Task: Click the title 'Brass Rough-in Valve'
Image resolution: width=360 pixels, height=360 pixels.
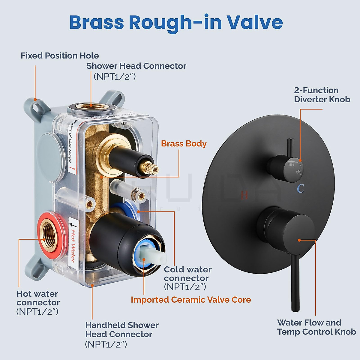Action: tap(176, 22)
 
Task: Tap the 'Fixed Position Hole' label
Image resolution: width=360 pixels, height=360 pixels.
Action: tap(60, 56)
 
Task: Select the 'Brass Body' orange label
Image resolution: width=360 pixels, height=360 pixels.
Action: tap(184, 144)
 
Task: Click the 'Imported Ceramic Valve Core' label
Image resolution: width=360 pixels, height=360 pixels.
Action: tap(191, 300)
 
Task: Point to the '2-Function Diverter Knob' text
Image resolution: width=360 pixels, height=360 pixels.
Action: tap(322, 95)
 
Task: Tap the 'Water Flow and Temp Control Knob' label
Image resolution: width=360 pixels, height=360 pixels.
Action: tap(316, 327)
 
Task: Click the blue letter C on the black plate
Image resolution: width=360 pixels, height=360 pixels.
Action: tap(300, 188)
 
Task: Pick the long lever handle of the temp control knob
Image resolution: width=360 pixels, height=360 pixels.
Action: tap(295, 282)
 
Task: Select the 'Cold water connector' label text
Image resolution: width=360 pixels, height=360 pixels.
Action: tap(187, 274)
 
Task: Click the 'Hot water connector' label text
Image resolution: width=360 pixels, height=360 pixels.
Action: tap(38, 298)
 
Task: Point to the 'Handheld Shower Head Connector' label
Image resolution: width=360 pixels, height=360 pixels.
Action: tap(121, 330)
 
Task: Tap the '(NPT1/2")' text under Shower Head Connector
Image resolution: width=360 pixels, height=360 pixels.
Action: tap(115, 77)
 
